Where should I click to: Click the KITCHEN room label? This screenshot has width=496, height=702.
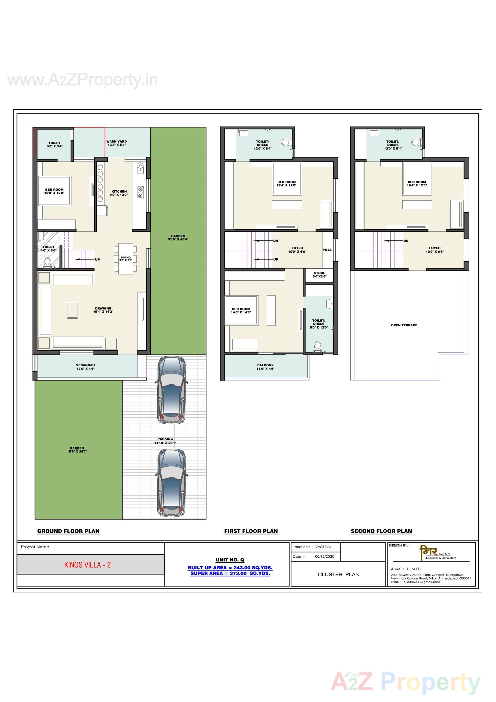pyautogui.click(x=119, y=193)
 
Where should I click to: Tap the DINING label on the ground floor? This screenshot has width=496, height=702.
pyautogui.click(x=126, y=259)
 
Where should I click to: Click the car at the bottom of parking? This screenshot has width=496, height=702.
pyautogui.click(x=171, y=483)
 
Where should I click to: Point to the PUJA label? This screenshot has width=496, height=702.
pyautogui.click(x=327, y=250)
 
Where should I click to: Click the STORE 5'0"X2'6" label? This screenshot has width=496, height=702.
pyautogui.click(x=319, y=274)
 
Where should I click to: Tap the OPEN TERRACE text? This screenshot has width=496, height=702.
pyautogui.click(x=404, y=325)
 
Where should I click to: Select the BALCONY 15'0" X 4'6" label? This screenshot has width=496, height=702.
pyautogui.click(x=265, y=367)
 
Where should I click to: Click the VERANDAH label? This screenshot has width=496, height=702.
pyautogui.click(x=85, y=367)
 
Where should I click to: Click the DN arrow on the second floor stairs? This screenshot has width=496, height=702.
pyautogui.click(x=396, y=241)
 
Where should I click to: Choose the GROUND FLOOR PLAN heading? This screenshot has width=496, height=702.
pyautogui.click(x=68, y=531)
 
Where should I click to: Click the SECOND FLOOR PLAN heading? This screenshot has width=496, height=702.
pyautogui.click(x=381, y=531)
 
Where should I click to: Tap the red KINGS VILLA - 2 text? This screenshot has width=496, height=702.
pyautogui.click(x=87, y=565)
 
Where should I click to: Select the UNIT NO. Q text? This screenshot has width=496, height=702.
pyautogui.click(x=230, y=560)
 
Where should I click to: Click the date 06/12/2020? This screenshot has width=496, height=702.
pyautogui.click(x=325, y=556)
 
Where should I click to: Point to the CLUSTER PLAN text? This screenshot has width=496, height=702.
pyautogui.click(x=338, y=574)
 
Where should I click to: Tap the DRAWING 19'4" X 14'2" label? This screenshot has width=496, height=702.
pyautogui.click(x=103, y=310)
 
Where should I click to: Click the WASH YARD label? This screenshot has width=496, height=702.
pyautogui.click(x=116, y=143)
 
